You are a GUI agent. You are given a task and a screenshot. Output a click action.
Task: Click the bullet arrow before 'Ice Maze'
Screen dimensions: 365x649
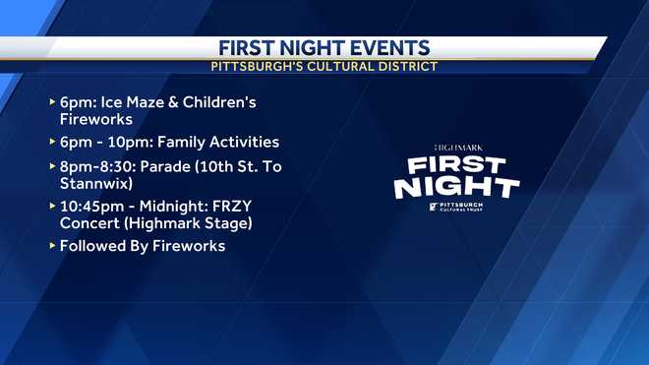click(x=51, y=102)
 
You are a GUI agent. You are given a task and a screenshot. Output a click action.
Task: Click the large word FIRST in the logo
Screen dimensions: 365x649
click(x=457, y=164)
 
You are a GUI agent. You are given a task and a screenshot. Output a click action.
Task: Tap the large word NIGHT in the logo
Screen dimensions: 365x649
click(x=457, y=186)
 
